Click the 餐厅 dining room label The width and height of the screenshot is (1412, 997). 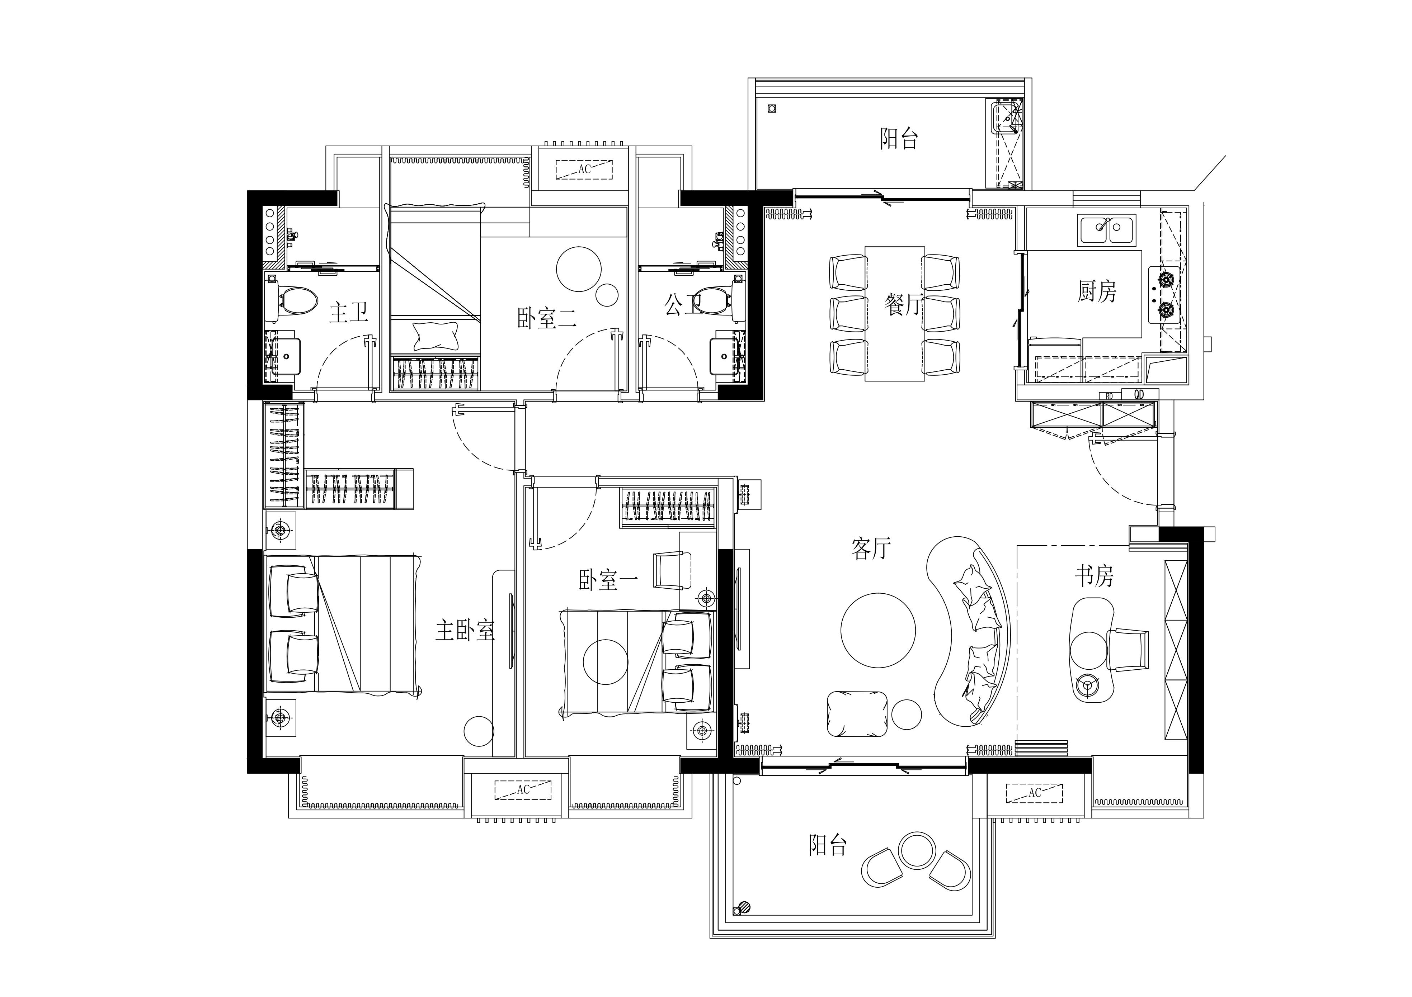pos(903,304)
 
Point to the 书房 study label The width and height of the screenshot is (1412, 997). pos(1094,576)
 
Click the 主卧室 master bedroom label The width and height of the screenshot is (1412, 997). pos(465,630)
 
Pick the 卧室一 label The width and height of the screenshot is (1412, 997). pos(608,580)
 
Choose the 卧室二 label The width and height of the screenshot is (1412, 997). pos(547,318)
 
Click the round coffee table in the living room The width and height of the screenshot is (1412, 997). pos(878,630)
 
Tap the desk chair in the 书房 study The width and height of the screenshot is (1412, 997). pos(1128,649)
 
